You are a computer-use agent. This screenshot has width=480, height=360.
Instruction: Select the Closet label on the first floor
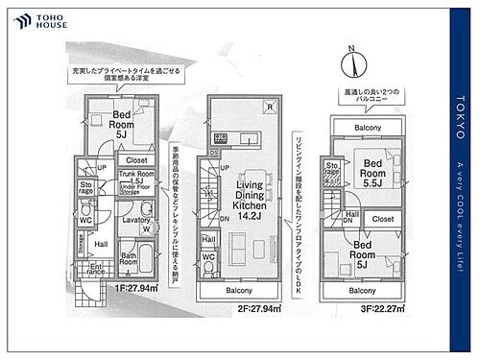point(136,160)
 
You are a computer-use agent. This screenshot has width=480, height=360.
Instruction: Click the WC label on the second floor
point(208,258)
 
